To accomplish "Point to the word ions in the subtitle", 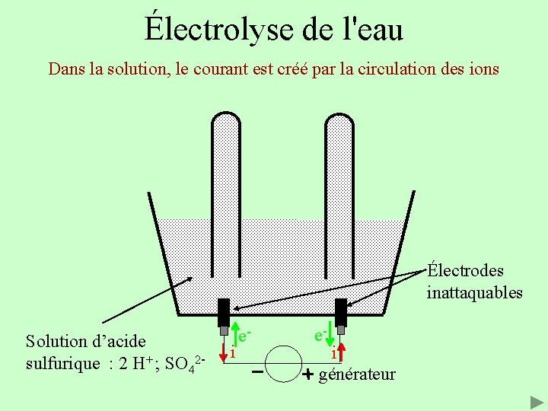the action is click(483, 69).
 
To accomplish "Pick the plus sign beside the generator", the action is click(307, 374).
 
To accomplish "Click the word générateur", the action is click(358, 374).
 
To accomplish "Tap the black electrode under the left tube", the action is click(224, 311).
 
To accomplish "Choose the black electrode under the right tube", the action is click(341, 311).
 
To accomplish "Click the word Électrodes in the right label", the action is click(465, 271).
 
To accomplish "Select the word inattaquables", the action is click(474, 292).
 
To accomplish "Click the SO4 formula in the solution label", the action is click(182, 362).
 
